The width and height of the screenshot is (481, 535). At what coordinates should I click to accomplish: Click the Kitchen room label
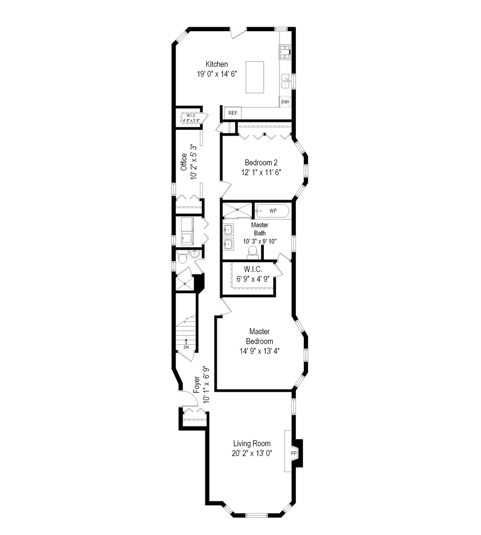click(216, 64)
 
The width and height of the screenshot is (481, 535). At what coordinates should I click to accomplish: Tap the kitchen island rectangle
click(255, 77)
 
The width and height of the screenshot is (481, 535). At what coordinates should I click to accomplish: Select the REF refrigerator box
click(233, 113)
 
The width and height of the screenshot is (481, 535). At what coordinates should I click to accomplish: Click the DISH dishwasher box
click(285, 102)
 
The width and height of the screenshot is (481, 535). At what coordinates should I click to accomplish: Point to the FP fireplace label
click(293, 453)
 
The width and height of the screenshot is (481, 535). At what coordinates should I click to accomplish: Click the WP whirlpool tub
click(272, 211)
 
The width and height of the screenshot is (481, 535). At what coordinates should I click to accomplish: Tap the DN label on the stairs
click(186, 347)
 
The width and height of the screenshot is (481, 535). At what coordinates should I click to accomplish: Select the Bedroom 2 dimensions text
click(261, 173)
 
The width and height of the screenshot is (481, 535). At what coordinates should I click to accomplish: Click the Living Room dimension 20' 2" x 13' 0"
click(252, 453)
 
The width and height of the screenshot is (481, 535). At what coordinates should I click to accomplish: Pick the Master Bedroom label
click(259, 336)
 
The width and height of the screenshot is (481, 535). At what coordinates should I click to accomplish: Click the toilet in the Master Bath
click(252, 251)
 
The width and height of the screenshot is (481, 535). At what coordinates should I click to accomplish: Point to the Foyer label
click(196, 385)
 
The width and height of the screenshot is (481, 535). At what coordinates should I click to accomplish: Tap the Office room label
click(184, 162)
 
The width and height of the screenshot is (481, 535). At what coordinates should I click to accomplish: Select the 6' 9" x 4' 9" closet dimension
click(253, 279)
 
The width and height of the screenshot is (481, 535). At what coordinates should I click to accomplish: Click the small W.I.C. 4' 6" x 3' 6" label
click(191, 118)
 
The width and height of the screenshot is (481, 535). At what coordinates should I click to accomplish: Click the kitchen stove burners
click(285, 52)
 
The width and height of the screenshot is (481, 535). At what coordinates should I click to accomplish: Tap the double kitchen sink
click(286, 81)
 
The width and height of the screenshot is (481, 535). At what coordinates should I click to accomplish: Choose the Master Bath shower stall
click(237, 210)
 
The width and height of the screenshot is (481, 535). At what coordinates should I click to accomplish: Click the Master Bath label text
click(260, 229)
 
